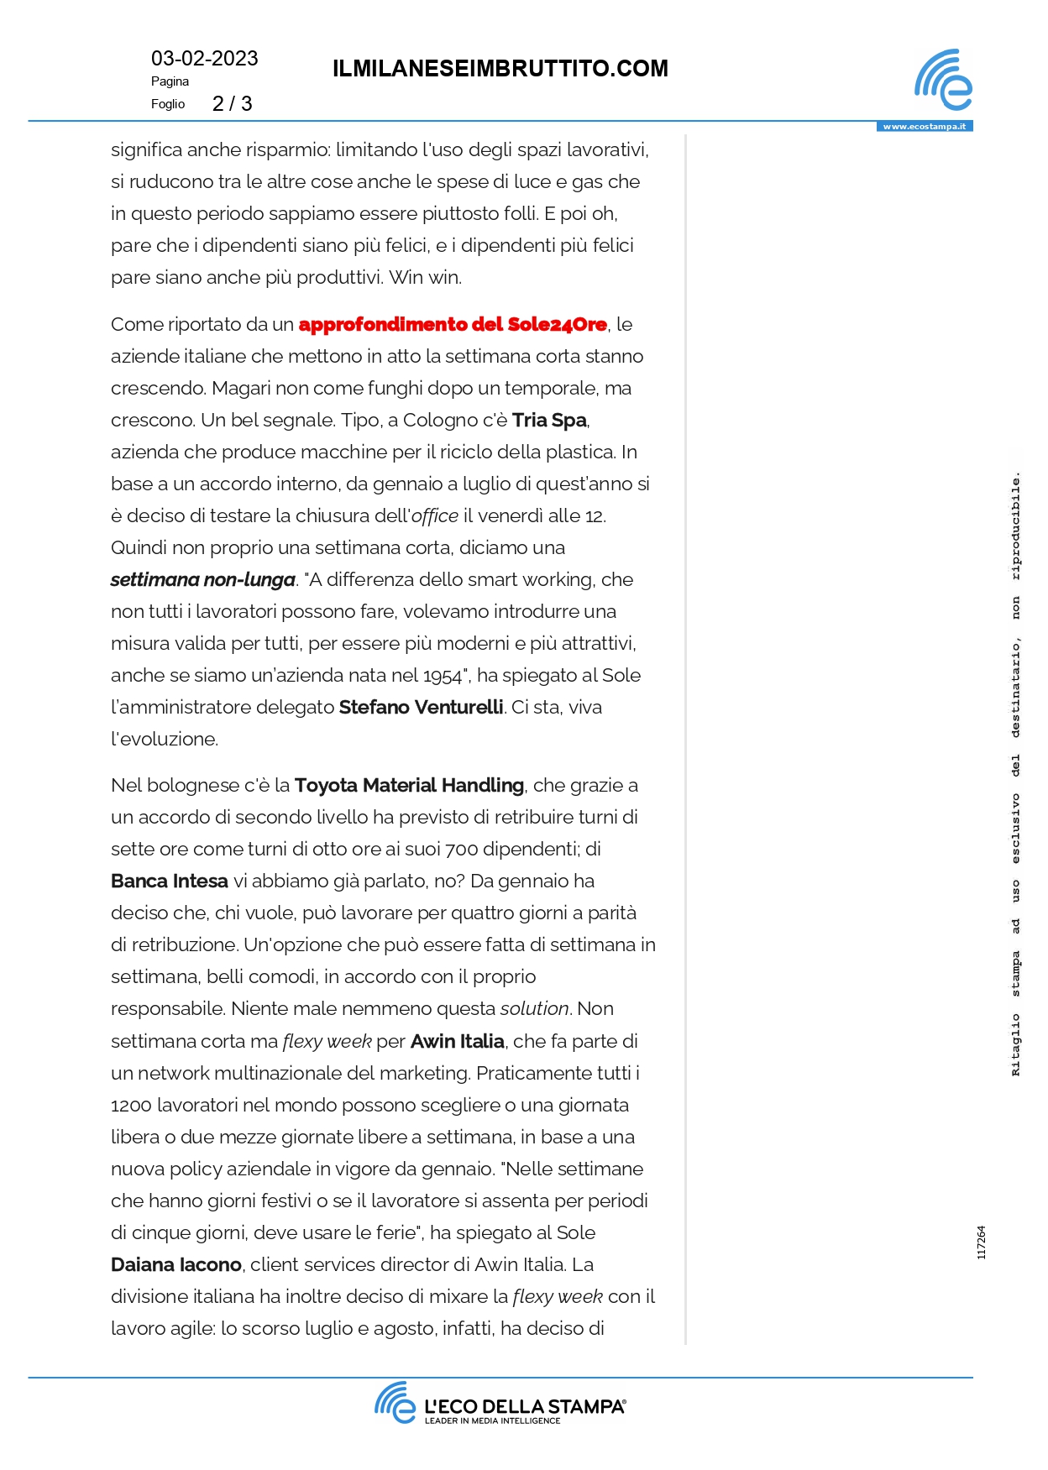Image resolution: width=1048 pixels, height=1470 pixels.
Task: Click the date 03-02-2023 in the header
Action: [x=204, y=59]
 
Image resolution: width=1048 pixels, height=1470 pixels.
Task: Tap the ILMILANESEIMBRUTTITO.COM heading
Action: [x=500, y=69]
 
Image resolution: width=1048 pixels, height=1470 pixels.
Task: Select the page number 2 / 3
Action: [x=232, y=104]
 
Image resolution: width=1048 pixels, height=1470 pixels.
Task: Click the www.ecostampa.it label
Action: [x=924, y=127]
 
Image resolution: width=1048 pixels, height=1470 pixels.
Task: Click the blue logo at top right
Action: [x=943, y=80]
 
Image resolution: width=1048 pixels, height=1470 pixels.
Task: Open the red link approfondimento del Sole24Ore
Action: [x=453, y=325]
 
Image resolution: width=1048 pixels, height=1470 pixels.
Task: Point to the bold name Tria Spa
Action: [x=549, y=421]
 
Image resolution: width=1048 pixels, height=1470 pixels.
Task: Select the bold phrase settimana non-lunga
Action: [x=202, y=580]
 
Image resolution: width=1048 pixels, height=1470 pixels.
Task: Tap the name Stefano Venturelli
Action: [x=421, y=708]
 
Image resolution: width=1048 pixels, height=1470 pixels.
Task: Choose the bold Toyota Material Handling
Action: [x=409, y=786]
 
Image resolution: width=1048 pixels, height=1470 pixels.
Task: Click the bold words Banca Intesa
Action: [x=170, y=881]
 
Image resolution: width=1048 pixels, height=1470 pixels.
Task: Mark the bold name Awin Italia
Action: [x=457, y=1042]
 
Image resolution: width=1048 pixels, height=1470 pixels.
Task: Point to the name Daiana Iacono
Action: [x=176, y=1265]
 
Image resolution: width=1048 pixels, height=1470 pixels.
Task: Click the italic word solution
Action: [x=535, y=1009]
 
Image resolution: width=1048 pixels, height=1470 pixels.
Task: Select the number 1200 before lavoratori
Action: [x=131, y=1106]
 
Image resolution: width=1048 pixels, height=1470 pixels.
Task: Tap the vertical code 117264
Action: [x=981, y=1242]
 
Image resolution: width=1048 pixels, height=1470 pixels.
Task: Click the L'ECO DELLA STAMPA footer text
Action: [x=524, y=1407]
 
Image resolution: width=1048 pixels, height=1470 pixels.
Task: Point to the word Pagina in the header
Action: [x=170, y=81]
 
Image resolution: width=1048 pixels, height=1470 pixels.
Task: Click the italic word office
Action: [x=435, y=516]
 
